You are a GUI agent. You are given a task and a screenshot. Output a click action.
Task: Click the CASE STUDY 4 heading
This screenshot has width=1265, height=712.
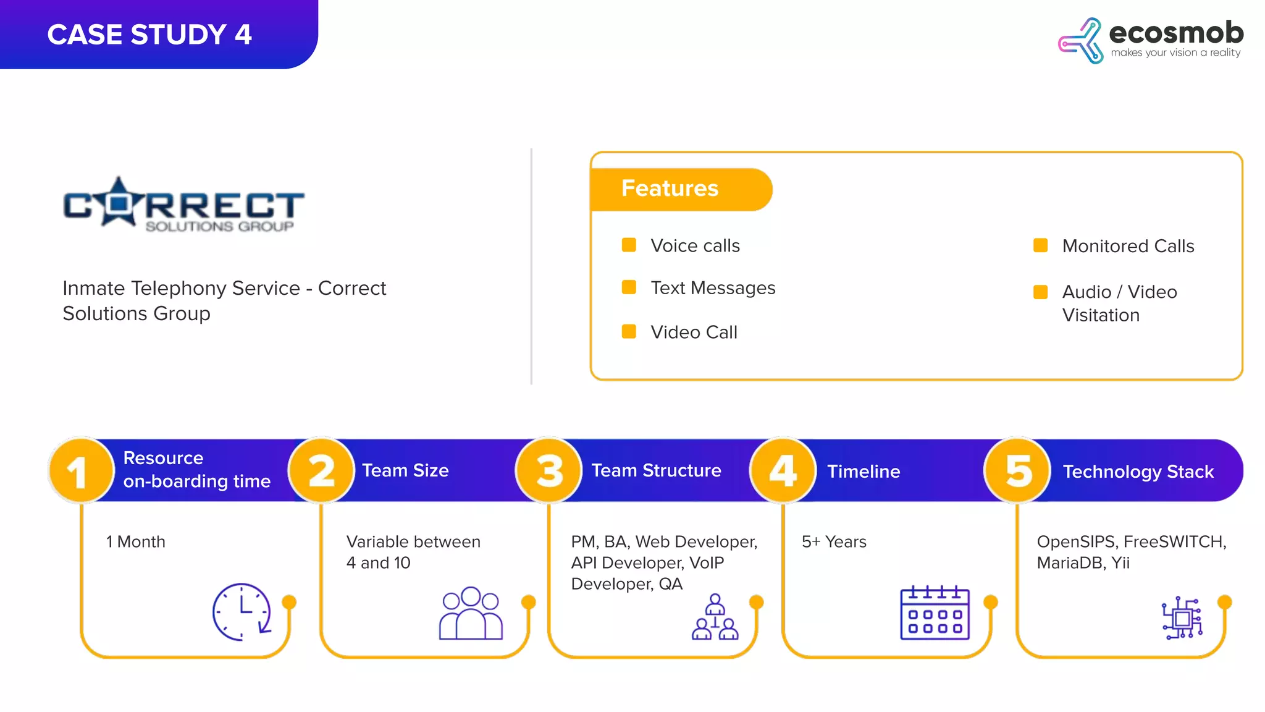click(x=149, y=35)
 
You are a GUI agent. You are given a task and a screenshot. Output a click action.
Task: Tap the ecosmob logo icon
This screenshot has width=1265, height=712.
click(x=1080, y=41)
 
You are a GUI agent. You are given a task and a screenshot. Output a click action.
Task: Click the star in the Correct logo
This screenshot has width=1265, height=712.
click(x=120, y=201)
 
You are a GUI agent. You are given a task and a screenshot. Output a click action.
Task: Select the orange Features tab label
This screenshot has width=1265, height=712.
click(x=670, y=189)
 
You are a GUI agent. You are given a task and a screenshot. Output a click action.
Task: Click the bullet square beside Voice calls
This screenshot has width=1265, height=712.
click(x=629, y=245)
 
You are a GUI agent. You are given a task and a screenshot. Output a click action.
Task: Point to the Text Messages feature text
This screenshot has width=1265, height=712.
click(x=713, y=288)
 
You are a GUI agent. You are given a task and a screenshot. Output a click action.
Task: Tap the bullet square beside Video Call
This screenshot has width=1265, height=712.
click(x=629, y=332)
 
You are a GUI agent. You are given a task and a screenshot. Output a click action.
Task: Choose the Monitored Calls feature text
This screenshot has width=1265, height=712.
click(x=1128, y=246)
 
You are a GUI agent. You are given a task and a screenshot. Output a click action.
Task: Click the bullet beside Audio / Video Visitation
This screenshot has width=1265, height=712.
click(x=1040, y=292)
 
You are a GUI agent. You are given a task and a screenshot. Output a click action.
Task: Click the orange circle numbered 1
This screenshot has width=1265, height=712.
click(x=80, y=471)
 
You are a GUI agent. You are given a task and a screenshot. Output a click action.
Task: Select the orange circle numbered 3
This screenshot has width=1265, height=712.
click(x=549, y=471)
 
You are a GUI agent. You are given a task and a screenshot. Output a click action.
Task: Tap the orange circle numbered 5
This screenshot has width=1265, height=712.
click(x=1018, y=471)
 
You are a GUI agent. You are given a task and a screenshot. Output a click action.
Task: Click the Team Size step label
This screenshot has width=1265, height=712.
click(x=405, y=471)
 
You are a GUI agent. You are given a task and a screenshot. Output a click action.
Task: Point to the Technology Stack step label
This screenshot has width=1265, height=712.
click(x=1138, y=472)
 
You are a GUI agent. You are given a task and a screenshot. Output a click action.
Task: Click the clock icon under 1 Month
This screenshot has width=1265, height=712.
click(x=242, y=611)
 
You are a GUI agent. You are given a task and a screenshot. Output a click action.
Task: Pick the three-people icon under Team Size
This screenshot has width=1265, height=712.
click(x=471, y=613)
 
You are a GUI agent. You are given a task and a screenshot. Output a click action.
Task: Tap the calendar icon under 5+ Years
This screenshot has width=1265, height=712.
click(x=935, y=612)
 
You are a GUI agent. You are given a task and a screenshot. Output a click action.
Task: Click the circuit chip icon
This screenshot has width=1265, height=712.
click(x=1182, y=617)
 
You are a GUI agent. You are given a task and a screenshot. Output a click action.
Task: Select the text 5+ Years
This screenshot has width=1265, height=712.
click(x=834, y=542)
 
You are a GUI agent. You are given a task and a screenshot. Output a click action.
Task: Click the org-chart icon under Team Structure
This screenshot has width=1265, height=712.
click(x=715, y=617)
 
